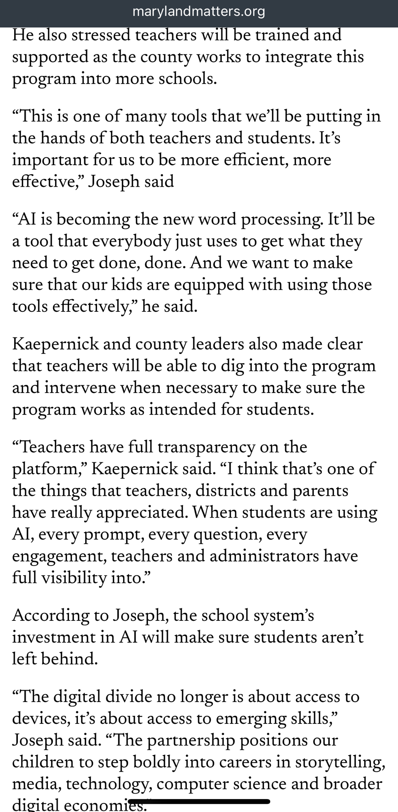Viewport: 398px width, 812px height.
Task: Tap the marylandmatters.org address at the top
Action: (x=199, y=12)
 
